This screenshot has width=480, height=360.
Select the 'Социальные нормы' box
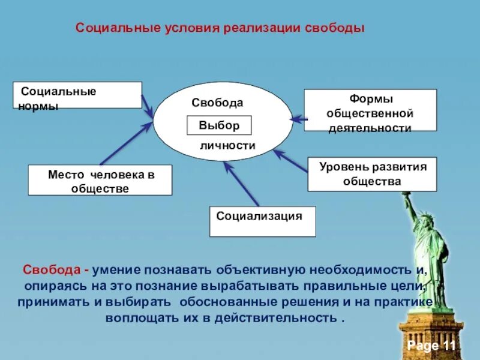point(77,95)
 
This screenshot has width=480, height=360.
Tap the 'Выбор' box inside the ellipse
point(219,126)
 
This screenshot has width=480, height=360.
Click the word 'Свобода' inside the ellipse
point(217,103)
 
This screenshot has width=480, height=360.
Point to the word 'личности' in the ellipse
point(227,145)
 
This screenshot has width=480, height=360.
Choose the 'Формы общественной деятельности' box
point(370,110)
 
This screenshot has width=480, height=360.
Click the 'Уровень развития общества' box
point(372,174)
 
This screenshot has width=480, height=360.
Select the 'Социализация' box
point(263,221)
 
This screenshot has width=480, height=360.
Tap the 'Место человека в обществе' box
point(100,181)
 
